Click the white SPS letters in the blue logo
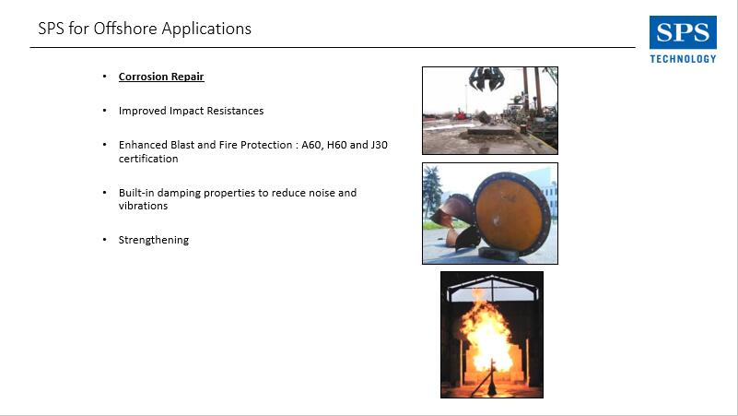pos(683,32)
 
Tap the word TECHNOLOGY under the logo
pos(683,59)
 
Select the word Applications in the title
pos(206,30)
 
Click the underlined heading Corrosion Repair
pos(161,77)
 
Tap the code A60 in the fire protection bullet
pos(312,145)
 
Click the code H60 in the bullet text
pos(336,145)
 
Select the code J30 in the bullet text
pos(379,145)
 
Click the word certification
pos(148,159)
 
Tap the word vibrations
pos(143,206)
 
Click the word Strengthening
pos(154,240)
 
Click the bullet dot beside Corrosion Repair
pos(104,76)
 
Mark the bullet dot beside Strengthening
pos(104,239)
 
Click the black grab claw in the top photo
pos(486,78)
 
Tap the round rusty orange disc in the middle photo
pos(511,215)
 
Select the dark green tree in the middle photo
pos(431,192)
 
